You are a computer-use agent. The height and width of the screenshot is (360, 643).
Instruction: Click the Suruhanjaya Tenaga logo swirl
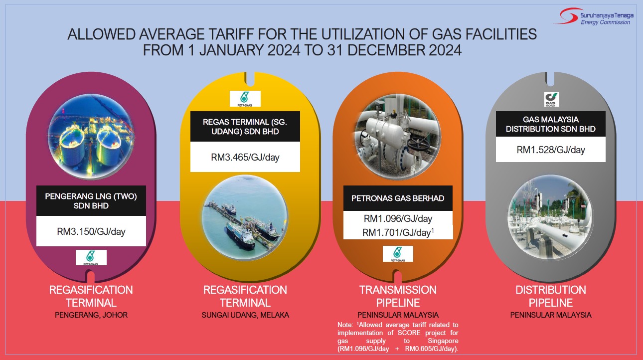tap(567, 16)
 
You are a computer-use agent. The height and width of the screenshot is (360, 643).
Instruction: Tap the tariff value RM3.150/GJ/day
tap(91, 231)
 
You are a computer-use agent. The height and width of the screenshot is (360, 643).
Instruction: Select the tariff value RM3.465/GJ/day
tap(245, 157)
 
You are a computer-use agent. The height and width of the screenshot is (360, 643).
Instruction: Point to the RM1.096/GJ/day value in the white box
tap(398, 218)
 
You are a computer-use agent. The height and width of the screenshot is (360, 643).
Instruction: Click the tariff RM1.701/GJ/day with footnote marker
tap(398, 232)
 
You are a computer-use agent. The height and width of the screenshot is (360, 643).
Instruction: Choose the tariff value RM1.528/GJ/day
tap(551, 150)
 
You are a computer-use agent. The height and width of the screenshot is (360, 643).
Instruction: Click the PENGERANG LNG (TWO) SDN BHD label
tap(91, 201)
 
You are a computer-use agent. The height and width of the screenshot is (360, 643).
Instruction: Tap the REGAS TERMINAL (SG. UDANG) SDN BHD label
tap(245, 127)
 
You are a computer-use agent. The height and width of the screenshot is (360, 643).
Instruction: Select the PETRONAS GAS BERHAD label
tap(398, 198)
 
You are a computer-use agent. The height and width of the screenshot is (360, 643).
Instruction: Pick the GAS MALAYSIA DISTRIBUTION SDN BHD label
tap(551, 124)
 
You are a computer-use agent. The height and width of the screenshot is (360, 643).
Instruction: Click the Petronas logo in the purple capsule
tap(91, 257)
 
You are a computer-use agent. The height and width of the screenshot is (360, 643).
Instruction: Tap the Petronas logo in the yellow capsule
tap(245, 99)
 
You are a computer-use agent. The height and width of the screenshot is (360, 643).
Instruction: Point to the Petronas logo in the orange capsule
tap(398, 254)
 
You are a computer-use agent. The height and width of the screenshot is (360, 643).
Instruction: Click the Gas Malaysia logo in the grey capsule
tap(551, 99)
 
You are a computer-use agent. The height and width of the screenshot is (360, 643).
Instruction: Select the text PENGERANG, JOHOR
tap(91, 315)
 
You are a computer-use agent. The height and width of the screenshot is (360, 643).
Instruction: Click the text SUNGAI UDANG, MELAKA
tap(245, 315)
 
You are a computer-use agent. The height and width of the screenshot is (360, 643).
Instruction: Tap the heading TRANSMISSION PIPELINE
tap(398, 296)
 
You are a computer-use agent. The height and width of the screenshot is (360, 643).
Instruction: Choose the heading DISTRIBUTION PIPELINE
tap(551, 296)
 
